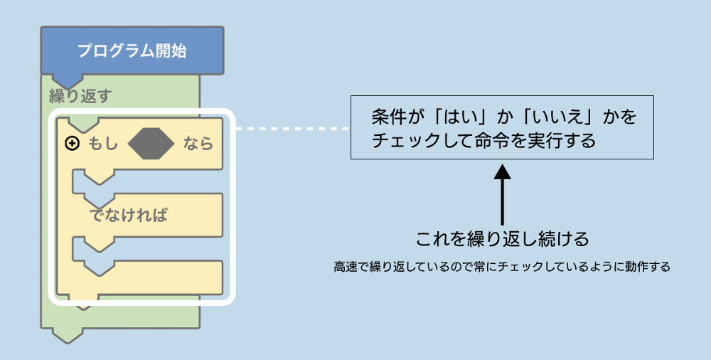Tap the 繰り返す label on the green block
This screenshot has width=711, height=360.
tap(80, 95)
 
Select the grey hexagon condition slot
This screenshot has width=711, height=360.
tap(151, 143)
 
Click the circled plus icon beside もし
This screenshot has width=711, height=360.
tap(72, 144)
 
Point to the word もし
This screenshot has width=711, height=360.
tap(103, 144)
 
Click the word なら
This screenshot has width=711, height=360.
tap(198, 144)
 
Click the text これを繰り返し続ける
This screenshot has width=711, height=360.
tap(502, 238)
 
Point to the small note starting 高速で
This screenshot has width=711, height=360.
tap(502, 268)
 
